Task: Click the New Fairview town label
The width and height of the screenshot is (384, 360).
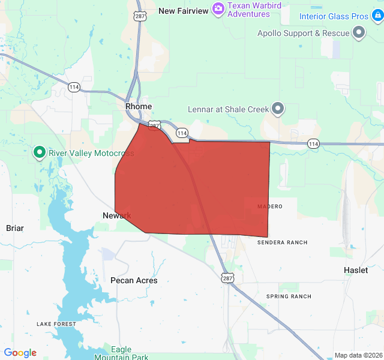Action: (x=183, y=11)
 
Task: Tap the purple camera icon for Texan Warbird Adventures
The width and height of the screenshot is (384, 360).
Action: (x=218, y=8)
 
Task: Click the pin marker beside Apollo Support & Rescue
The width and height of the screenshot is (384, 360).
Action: (x=360, y=32)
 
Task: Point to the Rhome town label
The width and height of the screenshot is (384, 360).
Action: (x=139, y=106)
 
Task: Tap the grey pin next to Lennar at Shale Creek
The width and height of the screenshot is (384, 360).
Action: (x=278, y=109)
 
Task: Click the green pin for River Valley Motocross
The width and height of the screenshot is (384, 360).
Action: (x=40, y=152)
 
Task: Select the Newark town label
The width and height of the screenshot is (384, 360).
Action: (x=116, y=215)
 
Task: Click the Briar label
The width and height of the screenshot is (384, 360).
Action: (x=15, y=228)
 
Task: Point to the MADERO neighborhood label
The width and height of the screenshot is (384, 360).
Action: (x=269, y=206)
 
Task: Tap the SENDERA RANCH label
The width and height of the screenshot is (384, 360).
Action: (x=282, y=242)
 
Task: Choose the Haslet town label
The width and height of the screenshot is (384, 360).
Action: (x=356, y=270)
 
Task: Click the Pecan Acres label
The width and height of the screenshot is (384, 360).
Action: (x=134, y=280)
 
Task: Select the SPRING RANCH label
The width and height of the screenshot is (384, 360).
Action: (x=289, y=296)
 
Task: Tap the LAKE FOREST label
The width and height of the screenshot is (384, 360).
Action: (x=56, y=324)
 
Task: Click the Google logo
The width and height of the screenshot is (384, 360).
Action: (x=20, y=353)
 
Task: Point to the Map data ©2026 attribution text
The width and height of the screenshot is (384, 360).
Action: (x=358, y=355)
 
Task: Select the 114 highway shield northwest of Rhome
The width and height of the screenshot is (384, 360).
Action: (x=74, y=86)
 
